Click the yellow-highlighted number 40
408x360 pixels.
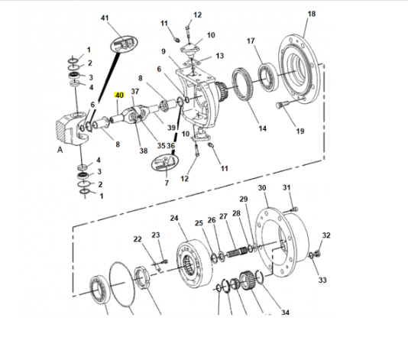click(x=119, y=96)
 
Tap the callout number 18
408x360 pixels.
click(x=312, y=14)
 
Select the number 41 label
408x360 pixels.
click(x=105, y=18)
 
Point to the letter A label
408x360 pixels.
click(x=60, y=150)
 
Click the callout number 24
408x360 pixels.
click(x=174, y=218)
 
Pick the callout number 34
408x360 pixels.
click(x=285, y=312)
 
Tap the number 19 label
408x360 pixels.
click(x=300, y=131)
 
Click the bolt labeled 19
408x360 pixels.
click(x=281, y=105)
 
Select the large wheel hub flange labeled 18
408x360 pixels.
click(x=299, y=69)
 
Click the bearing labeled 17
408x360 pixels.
click(x=267, y=77)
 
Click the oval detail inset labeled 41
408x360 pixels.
click(x=124, y=44)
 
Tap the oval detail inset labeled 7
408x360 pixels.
click(x=165, y=163)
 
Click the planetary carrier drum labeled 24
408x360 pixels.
click(x=194, y=264)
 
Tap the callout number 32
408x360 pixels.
click(x=326, y=235)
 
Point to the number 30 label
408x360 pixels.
click(x=262, y=188)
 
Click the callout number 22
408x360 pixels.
click(x=138, y=238)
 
